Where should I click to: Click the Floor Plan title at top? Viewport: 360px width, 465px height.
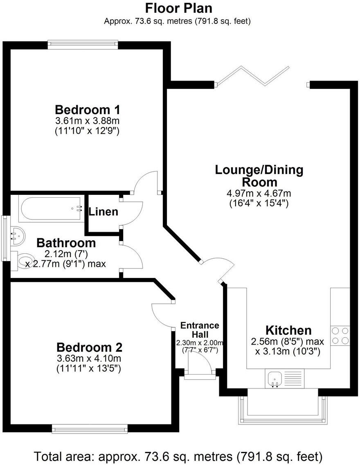179,8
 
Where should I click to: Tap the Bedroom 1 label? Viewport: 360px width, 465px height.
87,110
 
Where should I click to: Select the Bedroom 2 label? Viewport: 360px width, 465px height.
89,348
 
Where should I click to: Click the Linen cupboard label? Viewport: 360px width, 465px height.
103,212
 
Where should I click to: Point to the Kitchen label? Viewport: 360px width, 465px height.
288,330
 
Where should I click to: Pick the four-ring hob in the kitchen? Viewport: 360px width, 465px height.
340,335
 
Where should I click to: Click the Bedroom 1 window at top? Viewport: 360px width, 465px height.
83,44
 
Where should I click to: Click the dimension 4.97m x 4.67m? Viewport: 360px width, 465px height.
259,194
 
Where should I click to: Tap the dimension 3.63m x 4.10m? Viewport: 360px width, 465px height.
89,359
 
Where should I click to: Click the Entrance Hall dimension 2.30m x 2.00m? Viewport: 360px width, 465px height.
200,343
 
